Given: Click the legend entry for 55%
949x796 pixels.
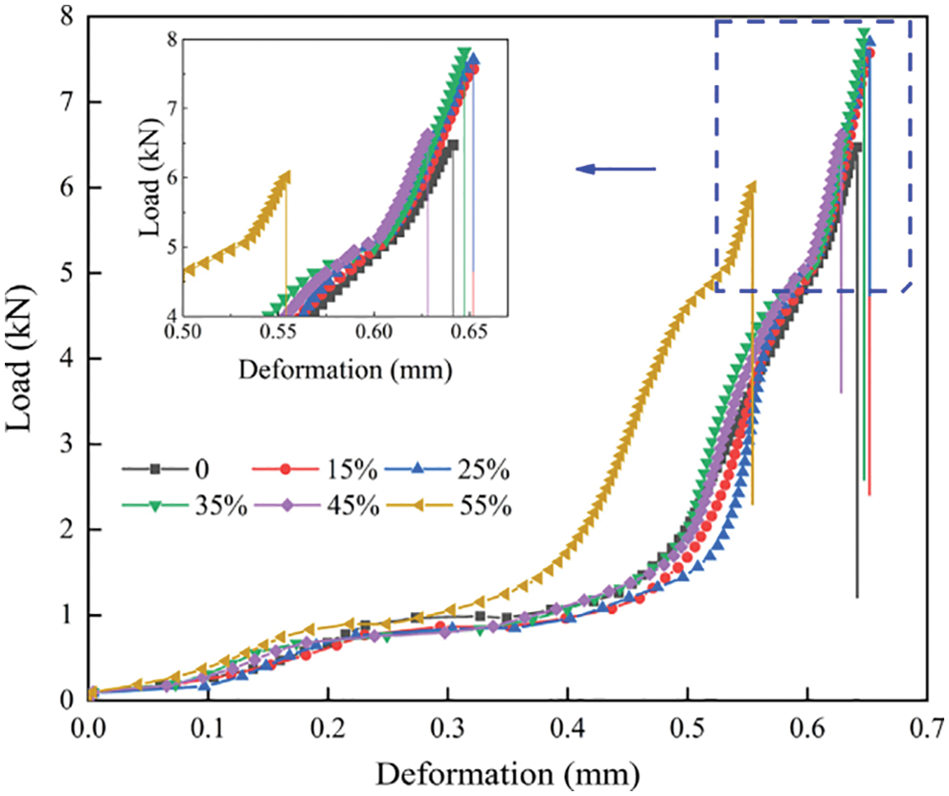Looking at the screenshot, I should [455, 506].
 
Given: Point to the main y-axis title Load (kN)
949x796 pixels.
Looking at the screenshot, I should [21, 362].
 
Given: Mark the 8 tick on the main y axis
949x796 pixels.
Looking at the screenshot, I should [67, 17].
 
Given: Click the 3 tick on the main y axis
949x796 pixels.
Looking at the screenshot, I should [67, 443].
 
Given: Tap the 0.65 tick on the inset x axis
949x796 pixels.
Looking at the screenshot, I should [469, 331].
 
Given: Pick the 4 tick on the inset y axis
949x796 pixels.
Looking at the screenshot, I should [170, 316].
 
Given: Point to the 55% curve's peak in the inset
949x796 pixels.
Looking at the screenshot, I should [284, 176].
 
